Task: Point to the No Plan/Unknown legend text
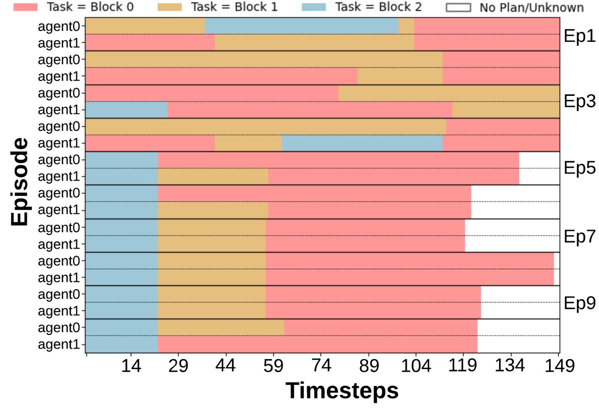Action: [x=531, y=7]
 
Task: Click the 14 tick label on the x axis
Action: [x=131, y=367]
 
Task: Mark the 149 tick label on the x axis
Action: [x=559, y=367]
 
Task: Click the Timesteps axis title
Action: [x=342, y=391]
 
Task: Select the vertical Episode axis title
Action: [x=19, y=183]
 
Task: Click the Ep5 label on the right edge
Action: [x=579, y=168]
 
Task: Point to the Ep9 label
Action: [x=579, y=302]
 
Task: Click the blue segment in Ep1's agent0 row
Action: [x=301, y=26]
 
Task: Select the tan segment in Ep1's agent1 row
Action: [x=314, y=42]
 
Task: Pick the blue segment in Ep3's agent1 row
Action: [x=127, y=109]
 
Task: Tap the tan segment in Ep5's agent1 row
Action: [x=213, y=176]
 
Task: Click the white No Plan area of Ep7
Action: [x=512, y=235]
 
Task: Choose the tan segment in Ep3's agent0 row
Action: [x=449, y=93]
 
